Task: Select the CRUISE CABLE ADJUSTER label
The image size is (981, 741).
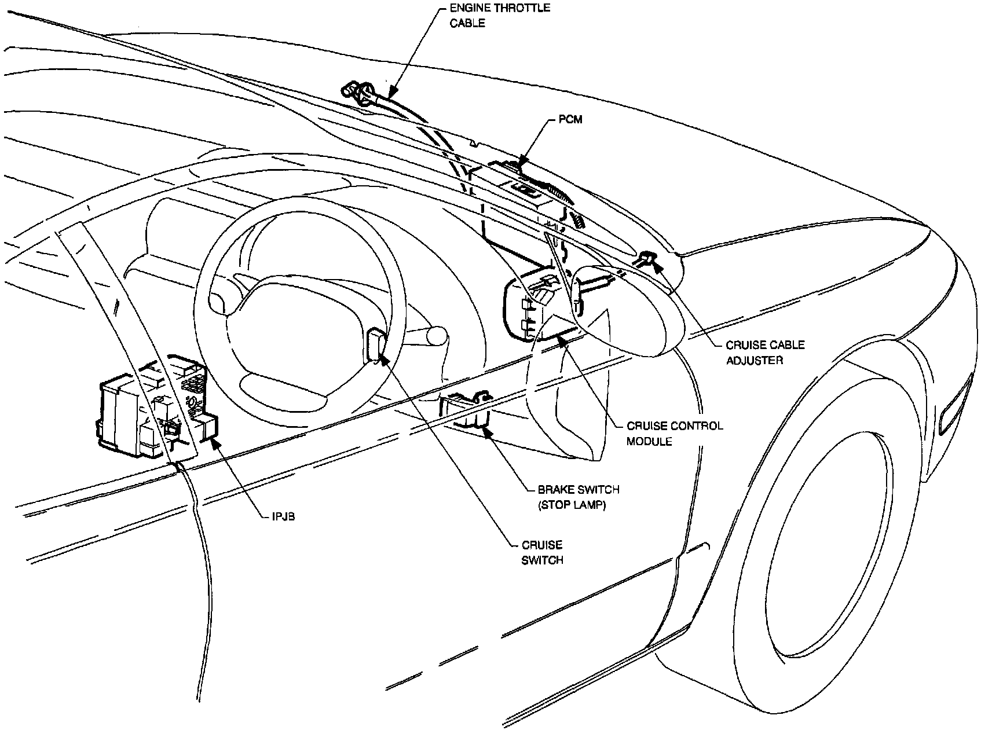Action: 764,353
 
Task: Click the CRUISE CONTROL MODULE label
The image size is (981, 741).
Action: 675,433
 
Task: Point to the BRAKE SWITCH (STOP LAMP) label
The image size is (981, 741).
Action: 578,497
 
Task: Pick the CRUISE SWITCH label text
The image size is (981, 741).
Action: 542,552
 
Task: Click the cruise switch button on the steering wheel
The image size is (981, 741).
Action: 376,345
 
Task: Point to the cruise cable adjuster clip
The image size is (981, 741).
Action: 647,259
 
